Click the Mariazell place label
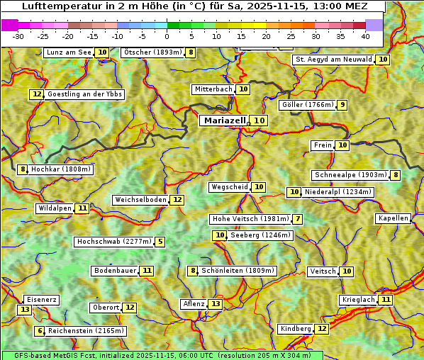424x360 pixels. pyautogui.click(x=224, y=120)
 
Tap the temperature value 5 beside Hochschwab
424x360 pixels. pyautogui.click(x=160, y=242)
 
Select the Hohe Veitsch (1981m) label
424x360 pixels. pyautogui.click(x=250, y=219)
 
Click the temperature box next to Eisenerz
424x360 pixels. pyautogui.click(x=25, y=310)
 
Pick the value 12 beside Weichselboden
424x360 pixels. pyautogui.click(x=177, y=200)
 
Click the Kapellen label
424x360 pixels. pyautogui.click(x=393, y=218)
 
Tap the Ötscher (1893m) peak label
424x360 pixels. pyautogui.click(x=152, y=52)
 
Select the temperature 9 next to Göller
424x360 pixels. pyautogui.click(x=342, y=105)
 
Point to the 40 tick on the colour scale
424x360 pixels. pyautogui.click(x=365, y=36)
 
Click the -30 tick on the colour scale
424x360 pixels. pyautogui.click(x=18, y=36)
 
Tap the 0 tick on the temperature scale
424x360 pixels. pyautogui.click(x=167, y=36)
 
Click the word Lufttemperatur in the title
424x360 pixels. pyautogui.click(x=53, y=6)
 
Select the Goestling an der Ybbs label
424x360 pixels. pyautogui.click(x=84, y=94)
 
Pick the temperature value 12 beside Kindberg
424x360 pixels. pyautogui.click(x=322, y=329)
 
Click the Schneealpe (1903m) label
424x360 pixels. pyautogui.click(x=350, y=175)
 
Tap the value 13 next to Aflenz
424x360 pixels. pyautogui.click(x=216, y=304)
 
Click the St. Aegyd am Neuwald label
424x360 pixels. pyautogui.click(x=333, y=60)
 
